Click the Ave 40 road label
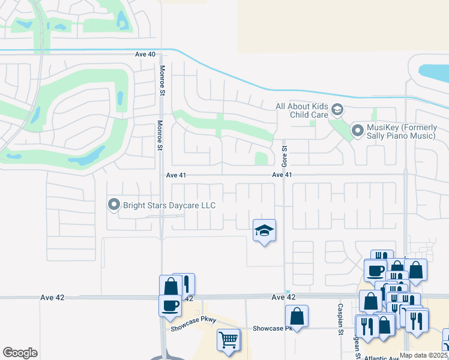[145, 55]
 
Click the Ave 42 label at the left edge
[52, 297]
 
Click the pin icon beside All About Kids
[337, 109]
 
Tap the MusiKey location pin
[358, 130]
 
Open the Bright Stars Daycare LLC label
[169, 205]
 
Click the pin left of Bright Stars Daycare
[114, 205]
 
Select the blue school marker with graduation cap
[264, 230]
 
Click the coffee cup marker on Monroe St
[170, 304]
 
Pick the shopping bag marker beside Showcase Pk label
[297, 315]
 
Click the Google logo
[20, 353]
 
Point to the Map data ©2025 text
[424, 355]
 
